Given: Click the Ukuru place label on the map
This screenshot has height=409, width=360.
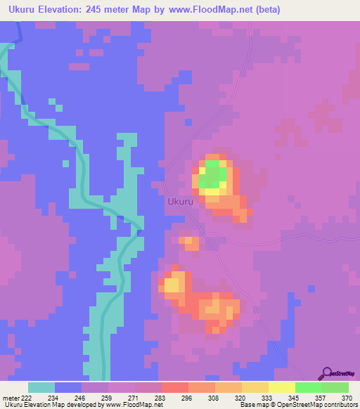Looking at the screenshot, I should (x=181, y=202).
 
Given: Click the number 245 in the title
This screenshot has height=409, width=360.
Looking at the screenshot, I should (x=97, y=11).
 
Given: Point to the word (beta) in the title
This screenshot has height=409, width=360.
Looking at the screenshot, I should (x=297, y=11).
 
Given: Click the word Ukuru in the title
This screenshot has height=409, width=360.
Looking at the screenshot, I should (x=25, y=11).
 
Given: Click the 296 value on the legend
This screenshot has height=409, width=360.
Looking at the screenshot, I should (x=186, y=398).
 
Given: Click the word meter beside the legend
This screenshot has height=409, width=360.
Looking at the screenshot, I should (x=10, y=398).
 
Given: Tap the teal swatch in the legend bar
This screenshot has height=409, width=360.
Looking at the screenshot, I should (x=41, y=387).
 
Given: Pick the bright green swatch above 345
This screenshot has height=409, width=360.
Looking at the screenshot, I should (x=308, y=387).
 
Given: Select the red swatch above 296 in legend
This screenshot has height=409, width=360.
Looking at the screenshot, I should (x=174, y=387).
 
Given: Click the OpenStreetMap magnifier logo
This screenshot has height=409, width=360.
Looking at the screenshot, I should (x=327, y=374).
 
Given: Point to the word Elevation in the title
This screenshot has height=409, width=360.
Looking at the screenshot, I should (x=58, y=11).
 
